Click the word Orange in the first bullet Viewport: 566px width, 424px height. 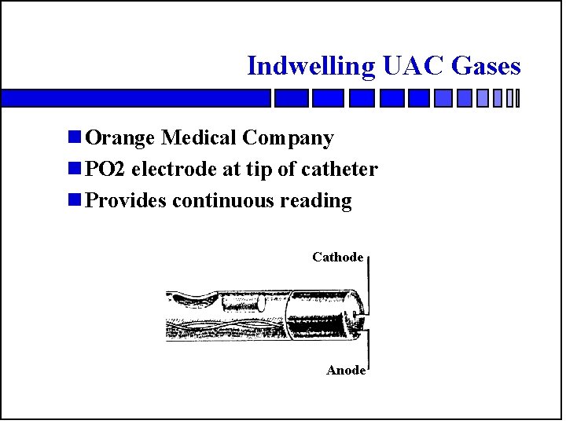point(120,138)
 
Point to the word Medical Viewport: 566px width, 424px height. point(199,138)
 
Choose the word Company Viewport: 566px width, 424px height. point(288,139)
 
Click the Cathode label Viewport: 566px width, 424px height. point(337,257)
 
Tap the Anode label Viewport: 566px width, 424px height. point(346,370)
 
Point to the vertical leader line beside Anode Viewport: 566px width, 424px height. point(368,349)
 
